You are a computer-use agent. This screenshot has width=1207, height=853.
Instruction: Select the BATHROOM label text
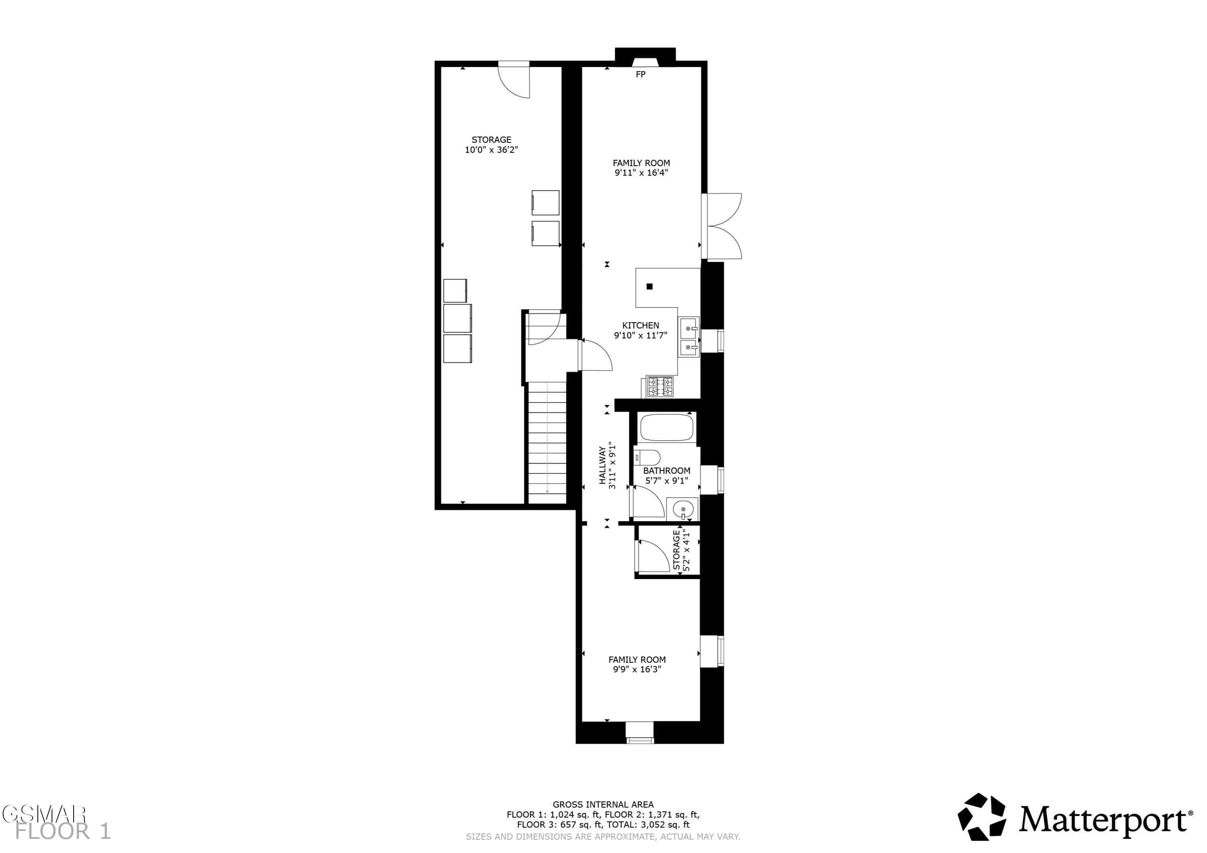667,471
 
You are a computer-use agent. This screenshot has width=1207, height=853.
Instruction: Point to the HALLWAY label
602,465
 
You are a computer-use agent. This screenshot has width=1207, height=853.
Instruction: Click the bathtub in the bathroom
667,427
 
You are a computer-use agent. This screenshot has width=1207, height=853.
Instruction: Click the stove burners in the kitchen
660,387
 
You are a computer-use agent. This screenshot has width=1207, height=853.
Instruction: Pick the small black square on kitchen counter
649,286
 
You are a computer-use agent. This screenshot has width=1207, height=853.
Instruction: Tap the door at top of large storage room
514,80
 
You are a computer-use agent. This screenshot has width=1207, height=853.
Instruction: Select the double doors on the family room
722,226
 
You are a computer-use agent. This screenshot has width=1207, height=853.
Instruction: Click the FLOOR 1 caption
63,831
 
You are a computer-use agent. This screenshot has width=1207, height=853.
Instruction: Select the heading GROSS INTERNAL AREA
603,804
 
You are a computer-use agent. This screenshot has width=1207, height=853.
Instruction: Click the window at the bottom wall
640,733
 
